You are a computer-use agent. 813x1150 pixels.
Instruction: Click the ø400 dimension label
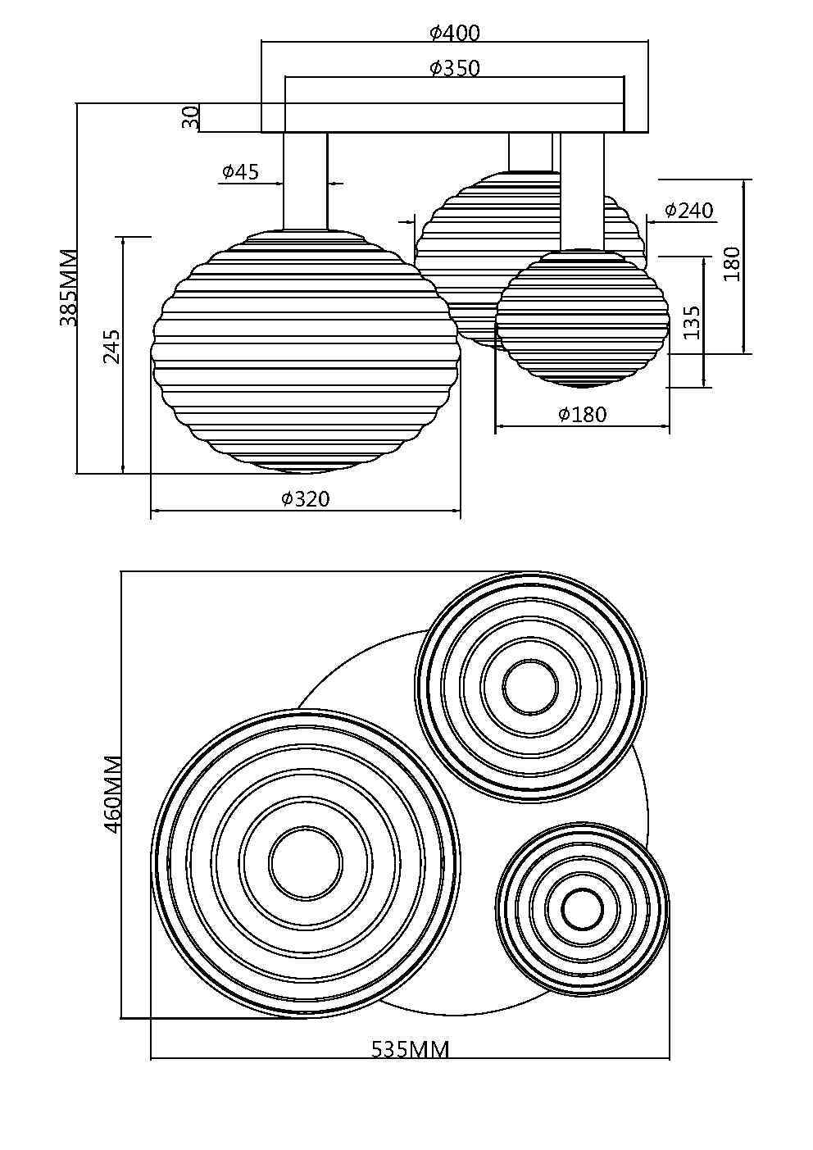coord(455,33)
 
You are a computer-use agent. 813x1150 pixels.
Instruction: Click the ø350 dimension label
coord(455,68)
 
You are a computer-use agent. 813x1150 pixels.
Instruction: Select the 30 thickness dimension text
coord(190,117)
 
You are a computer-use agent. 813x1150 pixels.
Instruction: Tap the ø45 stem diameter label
coord(240,171)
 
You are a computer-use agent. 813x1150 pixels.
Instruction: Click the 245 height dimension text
coord(112,347)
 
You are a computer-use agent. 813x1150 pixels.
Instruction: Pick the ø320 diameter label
coord(305,498)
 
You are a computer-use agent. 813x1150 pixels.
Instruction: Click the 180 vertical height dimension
coord(732,264)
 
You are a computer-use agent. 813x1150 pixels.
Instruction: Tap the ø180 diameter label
coord(582,415)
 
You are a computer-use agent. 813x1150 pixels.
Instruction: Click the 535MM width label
coord(410,1049)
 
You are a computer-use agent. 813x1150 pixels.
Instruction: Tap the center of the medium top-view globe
coord(530,686)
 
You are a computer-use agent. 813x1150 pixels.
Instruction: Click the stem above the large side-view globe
coord(305,180)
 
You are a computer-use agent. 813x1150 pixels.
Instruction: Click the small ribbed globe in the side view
coord(582,320)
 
